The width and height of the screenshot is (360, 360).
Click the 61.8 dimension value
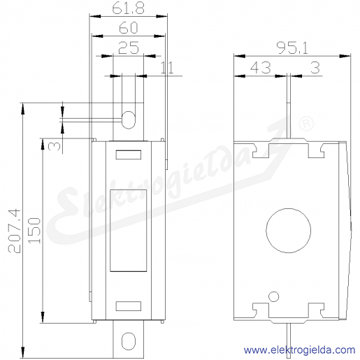[128, 8]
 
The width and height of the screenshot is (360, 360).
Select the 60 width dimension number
[129, 28]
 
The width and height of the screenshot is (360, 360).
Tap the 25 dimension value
[129, 48]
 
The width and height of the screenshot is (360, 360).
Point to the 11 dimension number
[167, 68]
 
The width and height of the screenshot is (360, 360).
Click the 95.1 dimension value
[292, 48]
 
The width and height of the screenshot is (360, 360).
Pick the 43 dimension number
[261, 68]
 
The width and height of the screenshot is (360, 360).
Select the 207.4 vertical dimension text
[15, 231]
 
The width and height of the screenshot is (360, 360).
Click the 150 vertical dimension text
[34, 231]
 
